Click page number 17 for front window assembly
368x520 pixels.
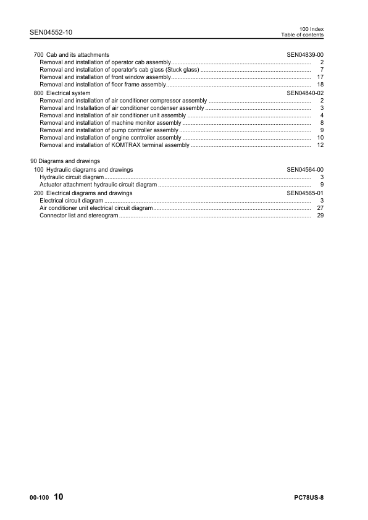[x=320, y=77]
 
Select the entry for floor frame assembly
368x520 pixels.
[x=103, y=84]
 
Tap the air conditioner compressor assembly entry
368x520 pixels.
[x=123, y=100]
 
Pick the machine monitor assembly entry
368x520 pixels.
[x=110, y=123]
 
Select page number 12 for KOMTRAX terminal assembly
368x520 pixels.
[x=320, y=145]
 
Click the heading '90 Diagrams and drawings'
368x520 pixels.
[x=65, y=161]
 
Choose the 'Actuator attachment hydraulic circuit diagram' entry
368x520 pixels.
[x=98, y=185]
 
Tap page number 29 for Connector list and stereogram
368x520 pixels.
[x=320, y=216]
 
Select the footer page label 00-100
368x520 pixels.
[x=39, y=498]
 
